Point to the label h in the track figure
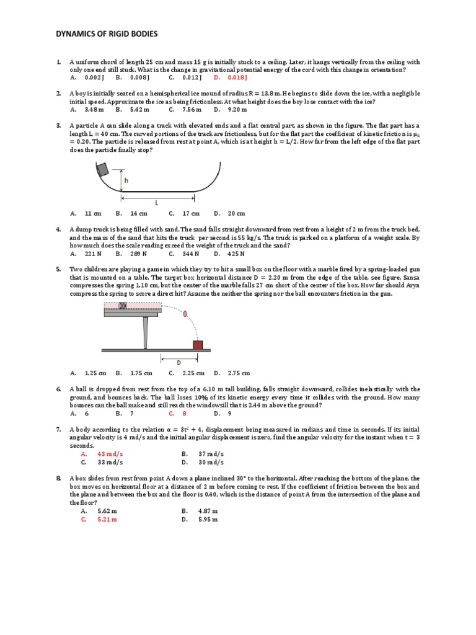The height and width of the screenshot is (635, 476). (126, 180)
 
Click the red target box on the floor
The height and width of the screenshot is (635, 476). (198, 344)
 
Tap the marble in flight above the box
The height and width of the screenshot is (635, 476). (185, 314)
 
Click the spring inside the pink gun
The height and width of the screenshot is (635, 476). (123, 305)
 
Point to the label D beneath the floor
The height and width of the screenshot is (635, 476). (179, 362)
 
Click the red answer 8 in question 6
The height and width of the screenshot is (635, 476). (185, 412)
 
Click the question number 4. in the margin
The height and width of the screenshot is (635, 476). (58, 229)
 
